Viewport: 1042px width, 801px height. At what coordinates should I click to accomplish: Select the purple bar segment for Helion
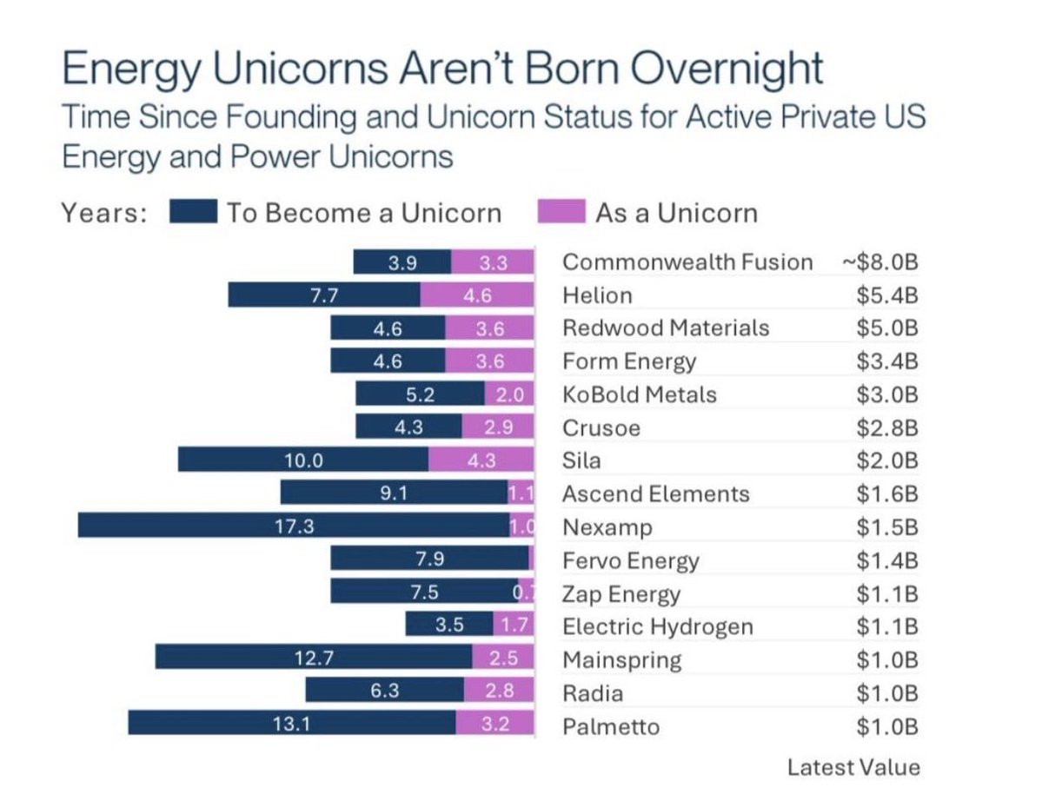point(476,295)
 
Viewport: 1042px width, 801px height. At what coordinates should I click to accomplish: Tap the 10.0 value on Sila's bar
point(303,460)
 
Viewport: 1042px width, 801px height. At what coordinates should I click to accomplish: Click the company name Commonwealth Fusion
point(687,262)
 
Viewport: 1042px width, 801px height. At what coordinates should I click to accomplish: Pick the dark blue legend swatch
point(193,213)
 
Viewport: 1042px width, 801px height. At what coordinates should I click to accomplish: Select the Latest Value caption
point(853,767)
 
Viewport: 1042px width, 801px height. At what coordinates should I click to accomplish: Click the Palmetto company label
point(611,726)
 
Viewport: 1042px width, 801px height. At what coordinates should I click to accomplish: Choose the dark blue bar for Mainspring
point(313,658)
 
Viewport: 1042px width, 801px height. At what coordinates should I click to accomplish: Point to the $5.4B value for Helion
point(886,295)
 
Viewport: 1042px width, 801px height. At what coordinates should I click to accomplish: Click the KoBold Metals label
point(639,394)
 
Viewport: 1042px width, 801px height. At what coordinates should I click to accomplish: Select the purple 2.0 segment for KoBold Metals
point(508,394)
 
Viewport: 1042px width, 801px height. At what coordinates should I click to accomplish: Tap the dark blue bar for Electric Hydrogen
point(449,624)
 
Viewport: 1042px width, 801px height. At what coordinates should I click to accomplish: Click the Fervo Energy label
point(630,561)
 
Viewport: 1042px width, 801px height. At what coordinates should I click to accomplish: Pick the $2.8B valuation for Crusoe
point(886,427)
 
